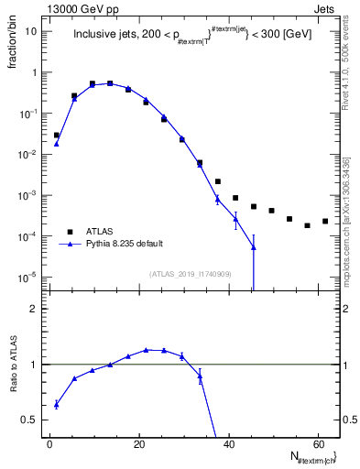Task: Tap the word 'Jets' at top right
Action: [x=326, y=8]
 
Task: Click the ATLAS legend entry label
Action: [x=100, y=232]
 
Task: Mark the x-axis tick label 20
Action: [x=138, y=444]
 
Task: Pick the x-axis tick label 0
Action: [x=49, y=444]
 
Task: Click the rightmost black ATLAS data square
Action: [x=325, y=221]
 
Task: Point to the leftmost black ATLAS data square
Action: [x=57, y=135]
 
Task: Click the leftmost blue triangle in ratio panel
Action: [x=57, y=404]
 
